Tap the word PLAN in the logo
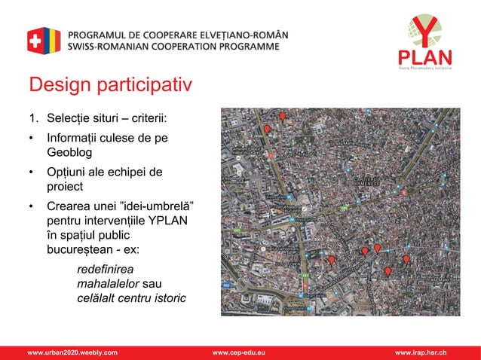click(425, 58)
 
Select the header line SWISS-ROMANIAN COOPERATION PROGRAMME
click(174, 46)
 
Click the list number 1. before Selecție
click(33, 119)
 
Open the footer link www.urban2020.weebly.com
click(72, 352)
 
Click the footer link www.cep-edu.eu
click(244, 352)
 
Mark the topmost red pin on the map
click(283, 116)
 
